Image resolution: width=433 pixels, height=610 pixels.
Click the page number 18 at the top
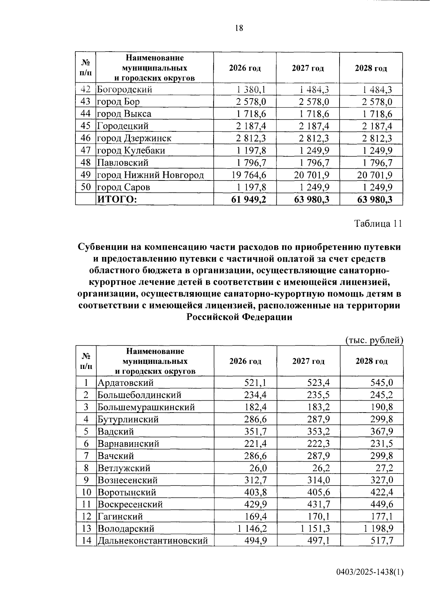[239, 28]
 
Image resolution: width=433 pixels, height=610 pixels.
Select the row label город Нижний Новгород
[150, 175]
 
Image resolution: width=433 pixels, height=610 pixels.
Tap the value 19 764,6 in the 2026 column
[246, 175]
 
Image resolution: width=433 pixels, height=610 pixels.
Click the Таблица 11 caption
[378, 224]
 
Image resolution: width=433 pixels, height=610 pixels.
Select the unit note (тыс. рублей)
[373, 340]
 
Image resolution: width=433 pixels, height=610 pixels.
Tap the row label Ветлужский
[124, 468]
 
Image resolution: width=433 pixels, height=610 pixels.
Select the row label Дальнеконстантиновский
[153, 541]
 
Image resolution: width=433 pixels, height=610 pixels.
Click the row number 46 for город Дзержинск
[86, 138]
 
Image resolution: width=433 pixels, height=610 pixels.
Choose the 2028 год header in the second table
[371, 361]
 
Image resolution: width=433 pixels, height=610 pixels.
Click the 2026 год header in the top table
[245, 68]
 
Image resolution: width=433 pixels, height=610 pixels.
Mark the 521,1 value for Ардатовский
[255, 383]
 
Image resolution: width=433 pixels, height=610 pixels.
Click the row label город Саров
[123, 187]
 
